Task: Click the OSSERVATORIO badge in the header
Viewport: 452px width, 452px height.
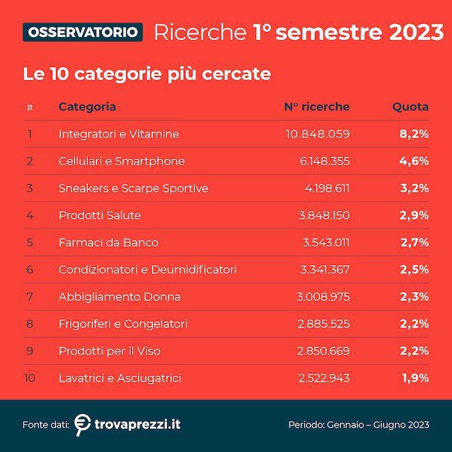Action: coord(82,31)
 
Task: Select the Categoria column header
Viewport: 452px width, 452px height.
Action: coord(87,106)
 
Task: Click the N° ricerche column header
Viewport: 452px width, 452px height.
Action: coord(316,106)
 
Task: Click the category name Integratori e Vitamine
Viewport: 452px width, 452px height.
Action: coord(119,134)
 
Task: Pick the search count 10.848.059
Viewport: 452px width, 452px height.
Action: coord(317,134)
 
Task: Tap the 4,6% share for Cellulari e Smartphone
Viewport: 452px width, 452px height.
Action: coord(414,161)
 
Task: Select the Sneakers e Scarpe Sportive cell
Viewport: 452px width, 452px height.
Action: coord(133,188)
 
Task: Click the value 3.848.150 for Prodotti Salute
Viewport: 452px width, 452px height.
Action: coord(324,215)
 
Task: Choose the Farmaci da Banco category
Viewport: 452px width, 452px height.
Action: coord(108,242)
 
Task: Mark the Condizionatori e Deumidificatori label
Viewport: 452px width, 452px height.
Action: coord(147,270)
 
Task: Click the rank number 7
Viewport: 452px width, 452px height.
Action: coord(29,296)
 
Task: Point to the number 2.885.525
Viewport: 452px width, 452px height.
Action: coord(324,324)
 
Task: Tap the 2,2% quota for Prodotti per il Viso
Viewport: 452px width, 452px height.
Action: coord(414,351)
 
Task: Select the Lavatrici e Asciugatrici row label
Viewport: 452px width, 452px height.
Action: coord(120,378)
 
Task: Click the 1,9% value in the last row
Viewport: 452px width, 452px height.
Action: coord(415,378)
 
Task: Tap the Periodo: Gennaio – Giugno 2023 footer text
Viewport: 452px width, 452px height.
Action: coord(358,425)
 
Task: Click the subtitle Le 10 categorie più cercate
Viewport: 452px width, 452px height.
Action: coord(147,74)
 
